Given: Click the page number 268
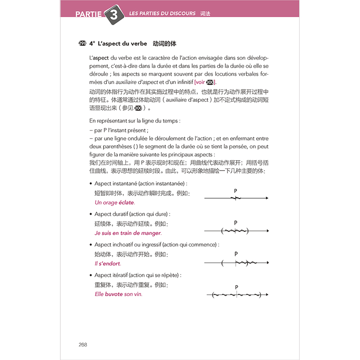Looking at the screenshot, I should click(82, 344).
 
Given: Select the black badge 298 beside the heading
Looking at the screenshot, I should click(82, 44).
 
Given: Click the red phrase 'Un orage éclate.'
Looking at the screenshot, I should click(114, 202).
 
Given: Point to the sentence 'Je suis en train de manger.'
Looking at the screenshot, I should click(128, 233).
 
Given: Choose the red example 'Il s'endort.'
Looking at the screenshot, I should click(108, 264).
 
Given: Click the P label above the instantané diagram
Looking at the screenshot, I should click(235, 191).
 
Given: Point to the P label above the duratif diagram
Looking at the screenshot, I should click(235, 223).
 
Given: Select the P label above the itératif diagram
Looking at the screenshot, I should click(236, 287).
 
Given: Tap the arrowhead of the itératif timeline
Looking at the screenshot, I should click(267, 295).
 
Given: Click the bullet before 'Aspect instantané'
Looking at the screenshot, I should click(90, 184).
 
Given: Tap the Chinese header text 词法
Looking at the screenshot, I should click(205, 13).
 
